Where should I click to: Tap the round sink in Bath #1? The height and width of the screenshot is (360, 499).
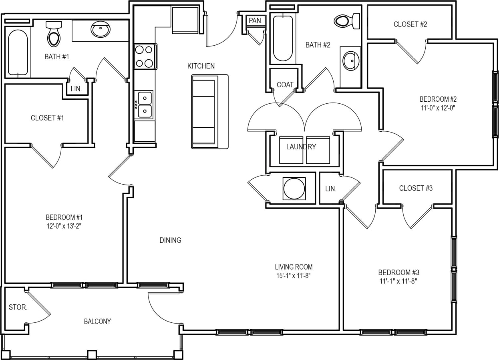pos(101,29)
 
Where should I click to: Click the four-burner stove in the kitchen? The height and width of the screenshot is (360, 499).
pos(144,56)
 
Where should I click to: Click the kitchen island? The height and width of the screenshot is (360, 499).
pos(209,112)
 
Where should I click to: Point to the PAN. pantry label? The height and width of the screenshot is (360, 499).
pos(255,20)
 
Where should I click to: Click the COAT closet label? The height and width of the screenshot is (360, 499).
pos(285,84)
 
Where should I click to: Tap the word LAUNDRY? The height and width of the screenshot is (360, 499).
pos(301,147)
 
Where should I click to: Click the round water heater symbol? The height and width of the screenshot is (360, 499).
pos(294,188)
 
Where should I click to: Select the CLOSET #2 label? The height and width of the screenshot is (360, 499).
pos(410,24)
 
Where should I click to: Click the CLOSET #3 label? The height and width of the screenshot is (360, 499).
pos(416,188)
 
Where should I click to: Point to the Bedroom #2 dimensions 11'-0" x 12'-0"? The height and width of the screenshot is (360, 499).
pos(438,107)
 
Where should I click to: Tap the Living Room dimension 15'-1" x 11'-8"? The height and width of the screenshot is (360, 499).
pos(294,275)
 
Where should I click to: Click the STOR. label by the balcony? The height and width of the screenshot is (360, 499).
pos(18,308)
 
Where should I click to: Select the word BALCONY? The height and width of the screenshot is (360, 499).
pos(97,321)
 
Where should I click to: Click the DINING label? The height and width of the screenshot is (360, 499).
pos(170,240)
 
